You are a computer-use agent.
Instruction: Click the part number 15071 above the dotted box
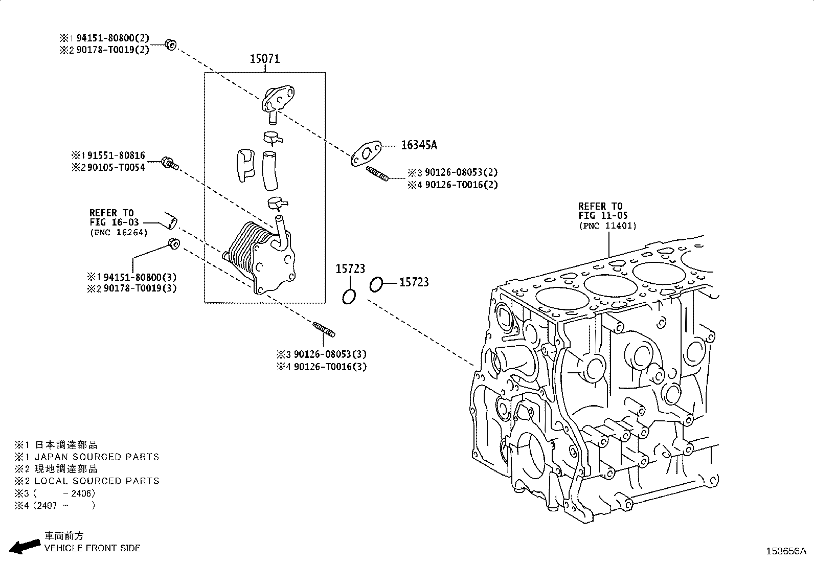click(x=264, y=58)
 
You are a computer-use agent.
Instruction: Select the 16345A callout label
click(x=419, y=145)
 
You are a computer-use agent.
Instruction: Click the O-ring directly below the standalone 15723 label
click(x=349, y=297)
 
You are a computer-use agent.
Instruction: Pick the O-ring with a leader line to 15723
click(x=376, y=284)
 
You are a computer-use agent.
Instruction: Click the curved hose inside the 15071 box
click(x=269, y=170)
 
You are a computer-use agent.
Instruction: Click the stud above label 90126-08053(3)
click(x=324, y=329)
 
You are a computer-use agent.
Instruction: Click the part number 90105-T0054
click(x=116, y=168)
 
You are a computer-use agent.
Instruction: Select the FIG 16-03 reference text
click(x=115, y=222)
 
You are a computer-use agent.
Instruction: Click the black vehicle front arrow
click(x=25, y=546)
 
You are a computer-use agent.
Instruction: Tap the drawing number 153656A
click(x=786, y=551)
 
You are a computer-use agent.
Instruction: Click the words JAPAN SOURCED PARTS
click(x=97, y=457)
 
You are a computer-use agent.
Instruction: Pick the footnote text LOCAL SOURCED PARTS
click(x=97, y=481)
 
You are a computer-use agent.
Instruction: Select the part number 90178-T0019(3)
click(x=140, y=288)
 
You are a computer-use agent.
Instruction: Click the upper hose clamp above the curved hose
click(x=273, y=138)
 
